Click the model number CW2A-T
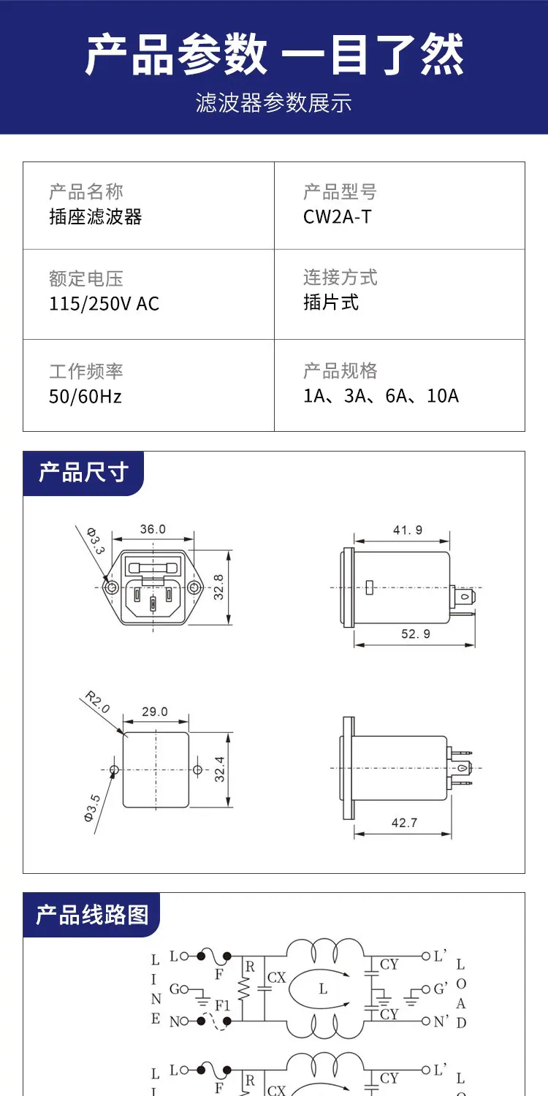tap(337, 217)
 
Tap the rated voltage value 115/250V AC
tap(104, 304)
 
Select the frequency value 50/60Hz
tap(85, 396)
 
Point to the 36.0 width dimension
tap(153, 529)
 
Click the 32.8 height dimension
tap(218, 587)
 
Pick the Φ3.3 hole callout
tap(96, 541)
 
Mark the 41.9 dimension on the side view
tap(408, 530)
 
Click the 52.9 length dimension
tap(416, 633)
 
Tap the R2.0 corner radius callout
tap(97, 701)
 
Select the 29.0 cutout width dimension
tap(155, 712)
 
